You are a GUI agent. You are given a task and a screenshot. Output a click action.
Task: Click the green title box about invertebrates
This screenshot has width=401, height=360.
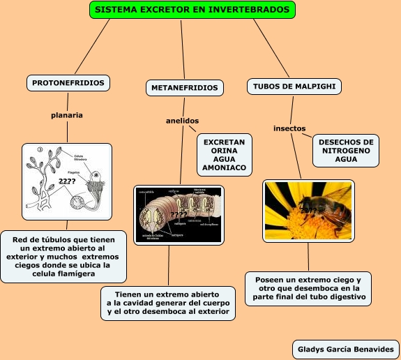pyautogui.click(x=193, y=10)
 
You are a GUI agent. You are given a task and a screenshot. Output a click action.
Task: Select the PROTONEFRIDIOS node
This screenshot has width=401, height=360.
pyautogui.click(x=68, y=83)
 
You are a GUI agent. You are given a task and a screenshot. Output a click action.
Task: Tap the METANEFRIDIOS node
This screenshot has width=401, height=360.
pyautogui.click(x=185, y=88)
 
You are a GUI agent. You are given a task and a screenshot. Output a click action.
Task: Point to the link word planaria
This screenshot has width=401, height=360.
pyautogui.click(x=67, y=114)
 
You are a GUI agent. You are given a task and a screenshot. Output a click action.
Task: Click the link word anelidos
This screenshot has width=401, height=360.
pyautogui.click(x=182, y=121)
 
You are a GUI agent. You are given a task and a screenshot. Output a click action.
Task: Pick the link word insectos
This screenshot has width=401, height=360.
pyautogui.click(x=289, y=128)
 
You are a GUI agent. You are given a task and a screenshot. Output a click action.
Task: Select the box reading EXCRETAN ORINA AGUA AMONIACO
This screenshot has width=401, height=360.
pyautogui.click(x=224, y=155)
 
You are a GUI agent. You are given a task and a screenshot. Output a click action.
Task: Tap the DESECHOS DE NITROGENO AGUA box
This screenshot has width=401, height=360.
pyautogui.click(x=346, y=151)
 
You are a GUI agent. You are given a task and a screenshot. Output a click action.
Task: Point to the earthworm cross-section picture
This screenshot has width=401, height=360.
pyautogui.click(x=179, y=214)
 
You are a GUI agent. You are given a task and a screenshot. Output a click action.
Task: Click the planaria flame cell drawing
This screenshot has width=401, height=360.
pyautogui.click(x=67, y=181)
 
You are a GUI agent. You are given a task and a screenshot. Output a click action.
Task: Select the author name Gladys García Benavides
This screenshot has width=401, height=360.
pyautogui.click(x=345, y=349)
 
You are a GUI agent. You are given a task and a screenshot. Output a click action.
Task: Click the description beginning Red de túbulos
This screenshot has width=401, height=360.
pyautogui.click(x=63, y=257)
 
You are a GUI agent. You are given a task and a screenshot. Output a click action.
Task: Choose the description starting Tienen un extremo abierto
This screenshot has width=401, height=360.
pyautogui.click(x=167, y=303)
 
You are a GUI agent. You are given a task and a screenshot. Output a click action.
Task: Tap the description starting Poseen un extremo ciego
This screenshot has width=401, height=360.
pyautogui.click(x=308, y=288)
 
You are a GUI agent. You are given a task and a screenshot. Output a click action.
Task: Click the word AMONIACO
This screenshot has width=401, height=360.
pyautogui.click(x=224, y=168)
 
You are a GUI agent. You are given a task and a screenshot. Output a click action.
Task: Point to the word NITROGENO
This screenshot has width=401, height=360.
pyautogui.click(x=346, y=151)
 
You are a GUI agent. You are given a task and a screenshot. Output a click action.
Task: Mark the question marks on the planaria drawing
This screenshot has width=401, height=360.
pyautogui.click(x=67, y=181)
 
